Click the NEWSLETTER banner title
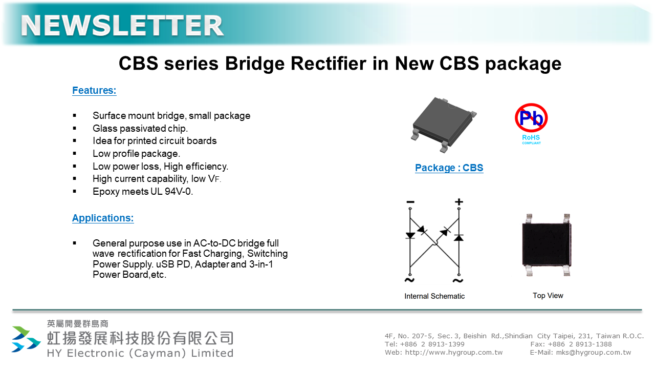(x=122, y=26)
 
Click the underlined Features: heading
(x=94, y=90)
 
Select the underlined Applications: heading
(x=103, y=218)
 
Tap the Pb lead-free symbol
(x=531, y=118)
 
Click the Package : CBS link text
(x=449, y=168)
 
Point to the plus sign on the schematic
(x=459, y=202)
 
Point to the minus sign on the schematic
(x=410, y=202)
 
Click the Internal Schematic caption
(x=434, y=296)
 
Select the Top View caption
(x=548, y=296)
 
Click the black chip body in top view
(x=547, y=244)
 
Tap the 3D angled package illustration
(x=444, y=125)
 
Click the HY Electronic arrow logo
(x=26, y=339)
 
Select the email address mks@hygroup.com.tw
(x=593, y=353)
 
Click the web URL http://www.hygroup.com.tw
(x=453, y=353)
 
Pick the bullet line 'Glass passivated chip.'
(x=140, y=128)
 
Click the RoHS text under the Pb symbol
(x=531, y=137)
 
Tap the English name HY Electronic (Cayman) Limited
(x=140, y=353)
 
